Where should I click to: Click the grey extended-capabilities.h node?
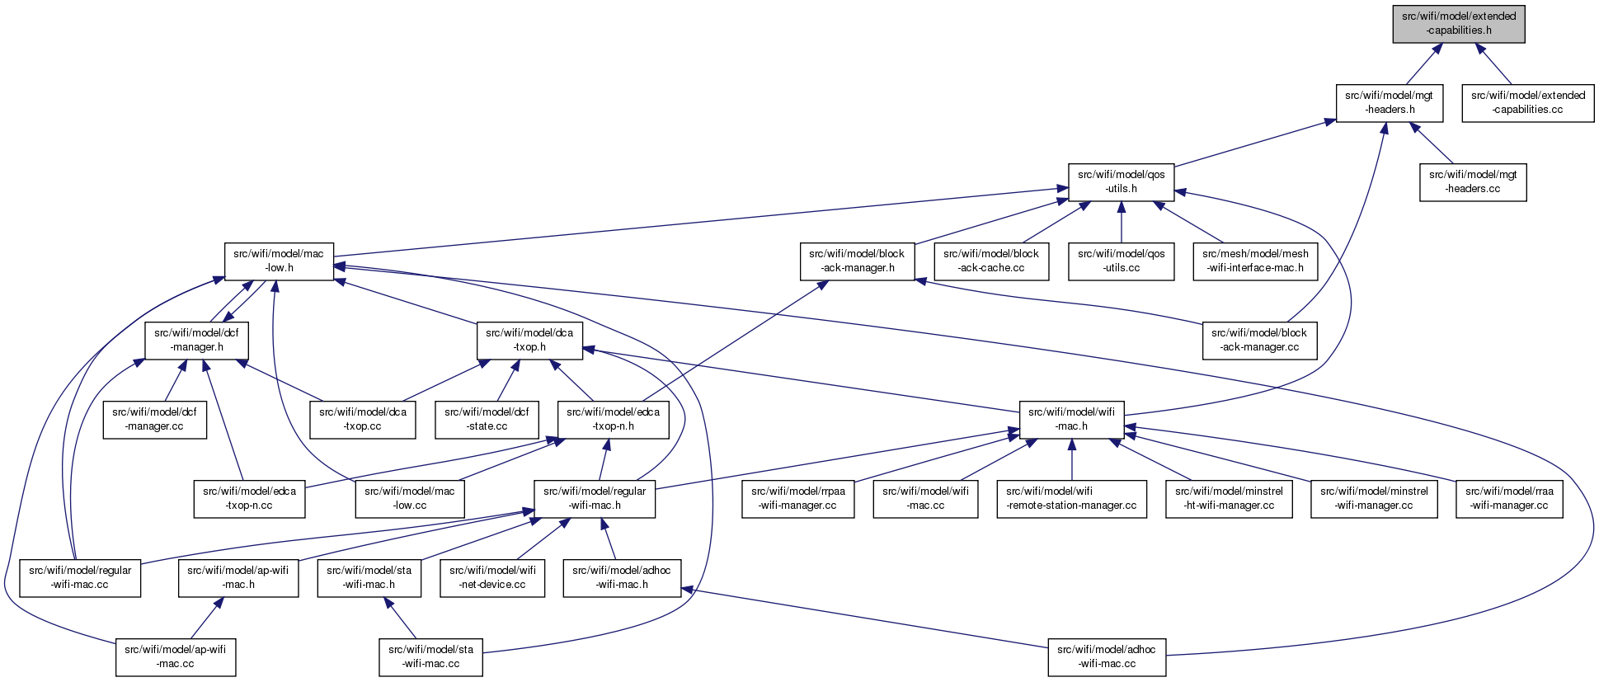[1459, 23]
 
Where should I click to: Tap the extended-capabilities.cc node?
[1528, 102]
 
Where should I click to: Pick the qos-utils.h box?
[1122, 181]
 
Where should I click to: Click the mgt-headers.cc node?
[1473, 181]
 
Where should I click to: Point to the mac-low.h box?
[279, 261]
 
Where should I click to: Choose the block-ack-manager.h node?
[857, 261]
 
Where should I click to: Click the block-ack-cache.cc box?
[991, 261]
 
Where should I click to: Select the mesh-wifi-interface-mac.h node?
[1255, 261]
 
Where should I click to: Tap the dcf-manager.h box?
[196, 340]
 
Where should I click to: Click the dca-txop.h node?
[529, 340]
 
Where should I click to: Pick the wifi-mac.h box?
[1071, 419]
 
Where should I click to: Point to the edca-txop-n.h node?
[613, 419]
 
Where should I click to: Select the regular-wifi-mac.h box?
[595, 498]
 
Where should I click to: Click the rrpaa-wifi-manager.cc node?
[797, 498]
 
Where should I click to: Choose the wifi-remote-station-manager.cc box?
[1071, 498]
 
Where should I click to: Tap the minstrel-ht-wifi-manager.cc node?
[1229, 498]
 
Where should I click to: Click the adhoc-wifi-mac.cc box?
[1107, 656]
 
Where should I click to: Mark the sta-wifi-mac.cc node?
[430, 656]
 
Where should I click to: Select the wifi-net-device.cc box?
[492, 577]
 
